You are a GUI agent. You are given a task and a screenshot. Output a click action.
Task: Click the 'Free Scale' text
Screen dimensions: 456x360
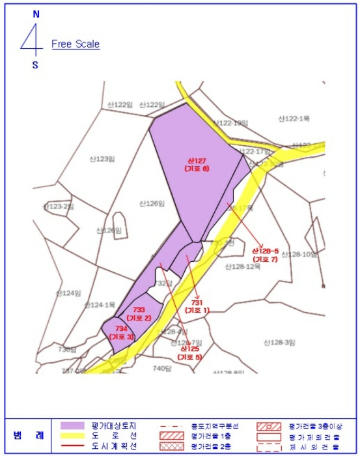point(76,44)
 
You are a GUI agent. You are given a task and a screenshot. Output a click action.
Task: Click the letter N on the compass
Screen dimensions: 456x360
point(36,14)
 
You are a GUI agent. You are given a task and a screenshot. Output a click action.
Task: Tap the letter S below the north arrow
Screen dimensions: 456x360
point(35,64)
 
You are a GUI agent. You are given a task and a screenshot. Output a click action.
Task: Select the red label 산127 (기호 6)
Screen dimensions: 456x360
point(197,164)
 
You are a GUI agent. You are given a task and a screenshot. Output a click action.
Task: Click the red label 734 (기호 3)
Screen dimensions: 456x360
point(121,332)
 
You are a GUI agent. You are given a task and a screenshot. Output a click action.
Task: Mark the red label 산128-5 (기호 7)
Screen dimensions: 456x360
point(265,255)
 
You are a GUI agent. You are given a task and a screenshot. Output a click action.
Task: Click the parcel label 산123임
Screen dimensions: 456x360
point(102,158)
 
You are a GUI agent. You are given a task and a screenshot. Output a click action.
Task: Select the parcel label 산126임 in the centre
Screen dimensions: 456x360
point(152,203)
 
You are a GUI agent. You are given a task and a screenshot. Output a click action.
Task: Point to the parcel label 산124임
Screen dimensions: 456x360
point(68,293)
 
